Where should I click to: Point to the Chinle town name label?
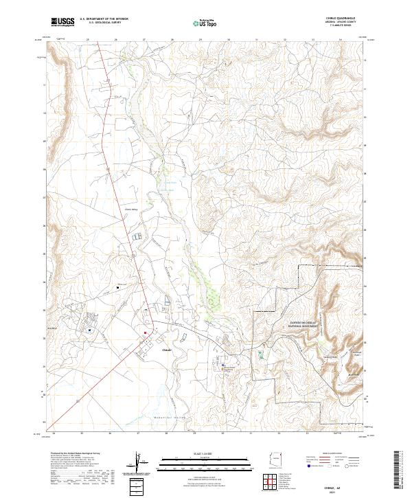[168, 350]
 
